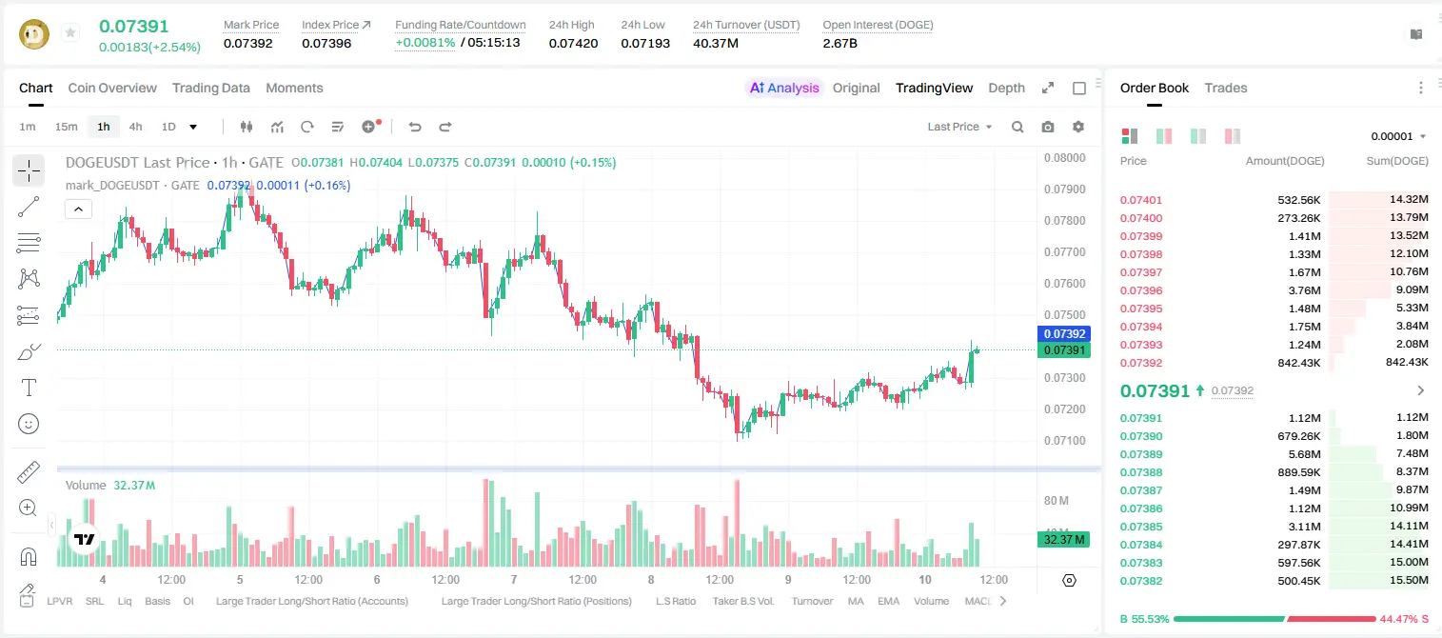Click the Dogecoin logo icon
click(x=34, y=34)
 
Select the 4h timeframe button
click(x=135, y=127)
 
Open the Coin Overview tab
click(x=112, y=88)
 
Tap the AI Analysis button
click(x=784, y=88)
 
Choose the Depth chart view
click(x=1006, y=88)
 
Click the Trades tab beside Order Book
click(x=1226, y=88)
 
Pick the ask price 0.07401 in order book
click(x=1140, y=200)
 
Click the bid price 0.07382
click(x=1140, y=581)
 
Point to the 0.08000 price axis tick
click(x=1065, y=158)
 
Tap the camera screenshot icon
click(x=1048, y=127)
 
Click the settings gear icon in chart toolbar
click(x=1078, y=127)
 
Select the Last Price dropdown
click(x=959, y=127)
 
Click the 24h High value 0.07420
click(x=573, y=43)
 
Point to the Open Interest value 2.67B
click(x=840, y=43)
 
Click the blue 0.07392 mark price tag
click(x=1064, y=333)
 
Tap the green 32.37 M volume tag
click(x=1063, y=540)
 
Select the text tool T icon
click(x=29, y=388)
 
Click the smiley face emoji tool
click(x=29, y=424)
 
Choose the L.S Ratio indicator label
click(x=675, y=601)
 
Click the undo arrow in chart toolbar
click(x=415, y=127)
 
